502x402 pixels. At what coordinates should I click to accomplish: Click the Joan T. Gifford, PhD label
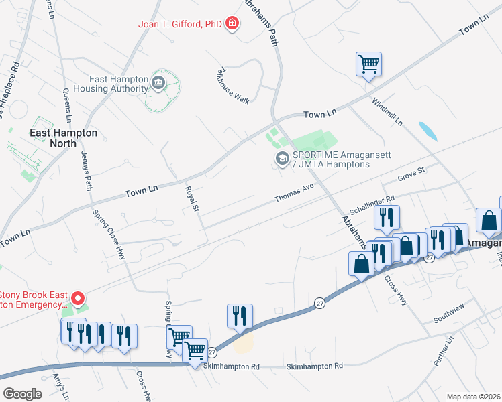[180, 24]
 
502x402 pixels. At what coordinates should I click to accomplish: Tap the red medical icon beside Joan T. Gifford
[232, 24]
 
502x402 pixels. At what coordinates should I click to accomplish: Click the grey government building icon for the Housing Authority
[158, 83]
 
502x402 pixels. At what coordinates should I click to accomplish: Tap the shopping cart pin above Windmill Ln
[368, 64]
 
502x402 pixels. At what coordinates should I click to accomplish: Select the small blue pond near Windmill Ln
[427, 131]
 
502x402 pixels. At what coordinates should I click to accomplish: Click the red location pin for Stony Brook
[78, 298]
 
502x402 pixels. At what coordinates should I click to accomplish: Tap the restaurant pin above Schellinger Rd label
[387, 217]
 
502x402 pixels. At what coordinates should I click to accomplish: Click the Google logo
[23, 393]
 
